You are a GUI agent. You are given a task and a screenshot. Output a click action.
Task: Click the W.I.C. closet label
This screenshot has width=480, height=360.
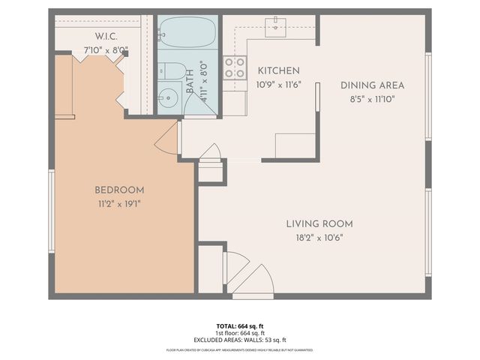[x=105, y=36]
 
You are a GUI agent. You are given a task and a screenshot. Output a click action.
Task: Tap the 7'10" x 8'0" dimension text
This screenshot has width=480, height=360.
[x=105, y=50]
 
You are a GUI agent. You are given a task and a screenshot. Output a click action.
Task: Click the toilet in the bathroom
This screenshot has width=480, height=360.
[x=172, y=71]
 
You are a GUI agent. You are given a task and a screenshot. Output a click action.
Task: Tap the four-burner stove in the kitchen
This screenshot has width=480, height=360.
[x=235, y=68]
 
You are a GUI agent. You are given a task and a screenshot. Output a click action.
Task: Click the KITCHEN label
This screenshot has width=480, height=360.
[x=278, y=70]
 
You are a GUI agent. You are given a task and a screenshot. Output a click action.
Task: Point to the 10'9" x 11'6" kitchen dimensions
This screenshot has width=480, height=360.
[x=278, y=85]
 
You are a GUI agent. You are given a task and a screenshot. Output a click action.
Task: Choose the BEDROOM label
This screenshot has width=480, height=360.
[x=119, y=190]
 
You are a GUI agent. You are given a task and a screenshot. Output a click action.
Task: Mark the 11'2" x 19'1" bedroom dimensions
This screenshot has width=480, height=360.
[x=119, y=204]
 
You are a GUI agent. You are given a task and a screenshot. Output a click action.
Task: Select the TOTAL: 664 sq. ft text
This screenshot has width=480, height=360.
[x=240, y=326]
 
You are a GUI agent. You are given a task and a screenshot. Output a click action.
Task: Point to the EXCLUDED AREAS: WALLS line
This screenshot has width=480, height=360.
[x=240, y=340]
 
